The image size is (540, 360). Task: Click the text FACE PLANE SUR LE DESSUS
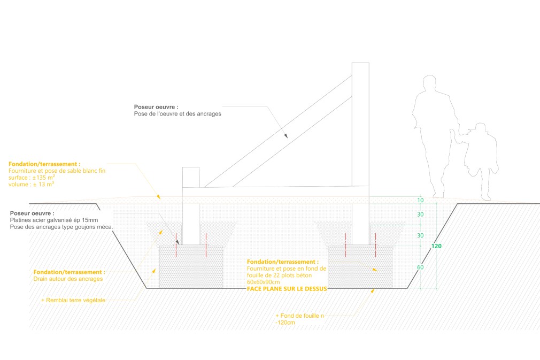tap(287, 288)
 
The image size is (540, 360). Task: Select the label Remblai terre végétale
tap(75, 300)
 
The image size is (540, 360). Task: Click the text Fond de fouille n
tap(300, 316)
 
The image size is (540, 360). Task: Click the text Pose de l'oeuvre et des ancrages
tap(177, 114)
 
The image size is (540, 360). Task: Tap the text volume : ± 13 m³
tap(32, 184)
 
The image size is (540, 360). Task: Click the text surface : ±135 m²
tap(32, 177)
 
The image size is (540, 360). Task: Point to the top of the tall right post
tap(360, 64)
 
